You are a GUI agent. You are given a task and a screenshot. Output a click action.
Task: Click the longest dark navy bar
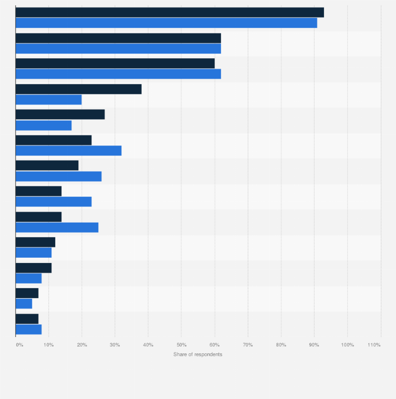pos(170,13)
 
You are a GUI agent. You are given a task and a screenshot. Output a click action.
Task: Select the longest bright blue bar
pos(166,23)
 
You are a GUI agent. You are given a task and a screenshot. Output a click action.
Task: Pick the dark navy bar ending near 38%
pos(79,89)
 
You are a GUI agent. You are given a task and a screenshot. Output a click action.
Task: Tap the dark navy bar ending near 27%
pos(60,114)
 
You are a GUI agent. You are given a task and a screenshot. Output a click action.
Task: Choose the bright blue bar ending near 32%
pos(68,151)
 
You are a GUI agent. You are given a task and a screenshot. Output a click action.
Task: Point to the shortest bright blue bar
pos(24,303)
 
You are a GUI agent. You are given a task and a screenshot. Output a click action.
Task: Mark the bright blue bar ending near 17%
pos(44,125)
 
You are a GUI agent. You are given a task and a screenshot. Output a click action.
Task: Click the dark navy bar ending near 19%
pos(47,165)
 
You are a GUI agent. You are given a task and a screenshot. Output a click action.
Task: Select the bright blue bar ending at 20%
pos(48,99)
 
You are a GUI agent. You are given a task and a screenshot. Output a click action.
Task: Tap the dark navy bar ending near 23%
pos(54,140)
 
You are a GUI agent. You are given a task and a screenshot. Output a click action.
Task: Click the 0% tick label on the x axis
pos(19,345)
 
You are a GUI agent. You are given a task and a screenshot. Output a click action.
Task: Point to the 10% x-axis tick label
pos(48,345)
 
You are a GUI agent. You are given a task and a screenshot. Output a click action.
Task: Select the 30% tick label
pos(115,345)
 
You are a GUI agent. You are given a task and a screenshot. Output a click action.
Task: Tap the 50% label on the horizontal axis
pos(181,345)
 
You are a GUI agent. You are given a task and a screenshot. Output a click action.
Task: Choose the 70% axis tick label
pos(248,345)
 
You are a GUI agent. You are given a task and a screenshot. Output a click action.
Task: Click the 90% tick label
pos(314,345)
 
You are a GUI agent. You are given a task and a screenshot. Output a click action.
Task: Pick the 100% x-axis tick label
pos(347,345)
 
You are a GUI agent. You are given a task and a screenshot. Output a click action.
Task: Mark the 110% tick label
pos(374,345)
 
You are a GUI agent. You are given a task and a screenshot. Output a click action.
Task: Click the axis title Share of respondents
pos(198,354)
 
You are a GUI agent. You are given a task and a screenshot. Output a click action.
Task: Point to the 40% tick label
pos(148,345)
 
